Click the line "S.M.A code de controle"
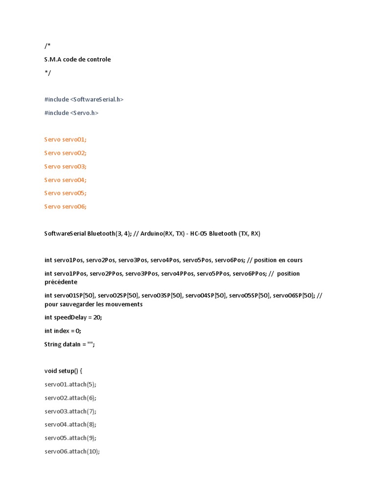point(77,60)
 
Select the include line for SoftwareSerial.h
point(84,99)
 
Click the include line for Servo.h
point(71,113)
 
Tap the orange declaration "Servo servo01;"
point(65,139)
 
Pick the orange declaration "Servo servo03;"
point(65,166)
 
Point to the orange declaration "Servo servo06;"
point(65,206)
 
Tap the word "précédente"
point(61,282)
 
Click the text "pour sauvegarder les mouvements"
point(93,304)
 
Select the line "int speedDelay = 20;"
point(73,318)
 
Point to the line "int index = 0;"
point(63,331)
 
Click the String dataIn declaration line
point(70,344)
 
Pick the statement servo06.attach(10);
point(72,452)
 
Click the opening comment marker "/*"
point(47,46)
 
